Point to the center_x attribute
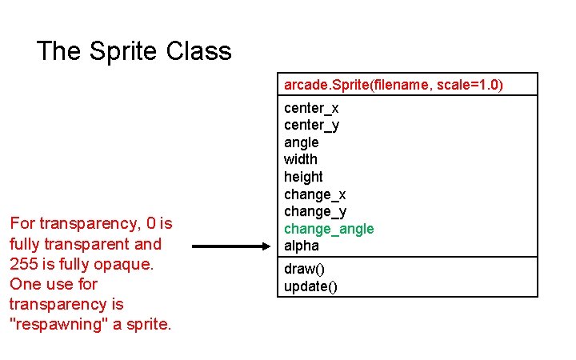pyautogui.click(x=311, y=108)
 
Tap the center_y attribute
pyautogui.click(x=311, y=125)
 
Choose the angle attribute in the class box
pyautogui.click(x=301, y=142)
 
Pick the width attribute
pyautogui.click(x=300, y=159)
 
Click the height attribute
pyautogui.click(x=303, y=177)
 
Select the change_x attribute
pyautogui.click(x=314, y=194)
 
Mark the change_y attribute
pyautogui.click(x=314, y=211)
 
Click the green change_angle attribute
pyautogui.click(x=329, y=229)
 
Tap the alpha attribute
pyautogui.click(x=301, y=246)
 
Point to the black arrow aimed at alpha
pyautogui.click(x=232, y=246)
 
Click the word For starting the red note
pyautogui.click(x=22, y=224)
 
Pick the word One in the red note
pyautogui.click(x=23, y=284)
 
